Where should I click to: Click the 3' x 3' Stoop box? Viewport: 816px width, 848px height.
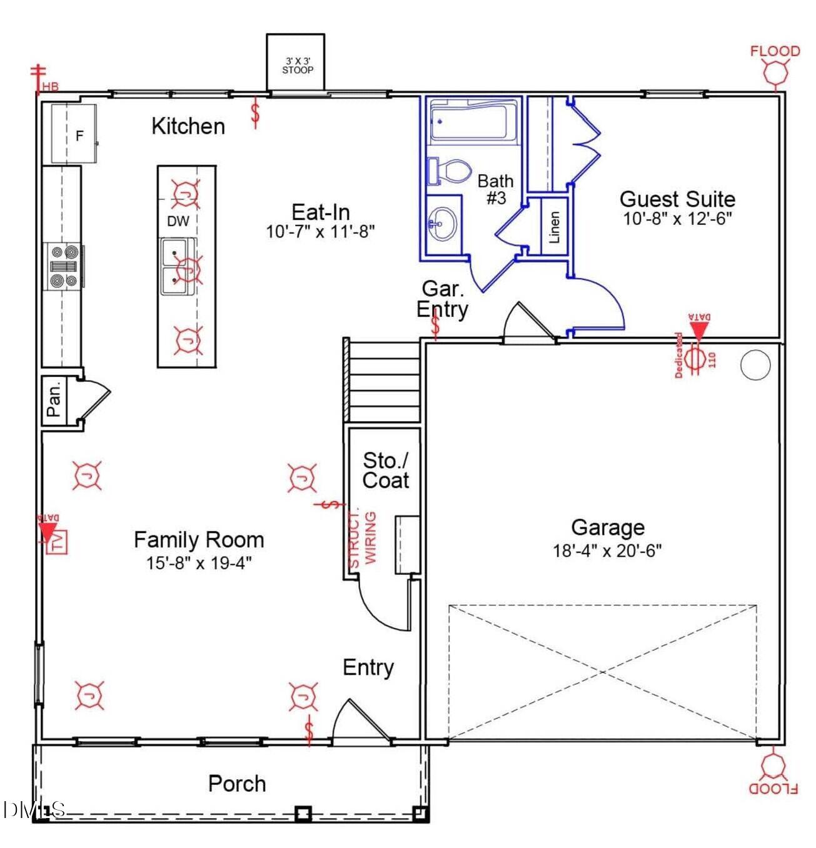pos(296,63)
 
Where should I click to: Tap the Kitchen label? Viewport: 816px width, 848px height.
pos(188,126)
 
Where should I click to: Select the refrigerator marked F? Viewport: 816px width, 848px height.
pos(74,134)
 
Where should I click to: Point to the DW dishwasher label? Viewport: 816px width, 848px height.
pos(178,221)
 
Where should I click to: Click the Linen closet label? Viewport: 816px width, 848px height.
pos(554,226)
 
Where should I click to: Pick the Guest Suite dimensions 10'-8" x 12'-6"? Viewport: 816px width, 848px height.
pos(677,219)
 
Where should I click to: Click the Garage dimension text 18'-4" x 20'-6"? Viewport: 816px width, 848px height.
pos(607,551)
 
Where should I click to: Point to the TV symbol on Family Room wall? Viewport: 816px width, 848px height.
pos(58,542)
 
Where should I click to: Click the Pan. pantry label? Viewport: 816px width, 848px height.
pos(54,401)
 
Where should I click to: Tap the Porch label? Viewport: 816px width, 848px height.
pos(237,784)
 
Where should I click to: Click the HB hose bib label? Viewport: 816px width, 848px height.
pos(50,87)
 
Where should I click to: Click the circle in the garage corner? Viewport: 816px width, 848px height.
pos(755,366)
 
